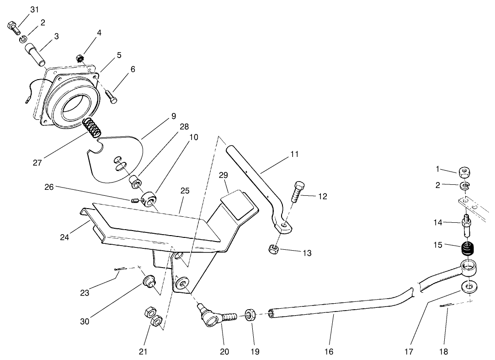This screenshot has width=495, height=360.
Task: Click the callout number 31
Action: tap(35, 10)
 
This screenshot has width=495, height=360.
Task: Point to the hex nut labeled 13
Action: tap(273, 249)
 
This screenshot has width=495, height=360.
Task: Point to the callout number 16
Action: tap(329, 351)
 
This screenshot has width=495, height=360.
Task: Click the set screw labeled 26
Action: tap(135, 200)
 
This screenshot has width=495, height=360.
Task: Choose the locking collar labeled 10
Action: tap(150, 200)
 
